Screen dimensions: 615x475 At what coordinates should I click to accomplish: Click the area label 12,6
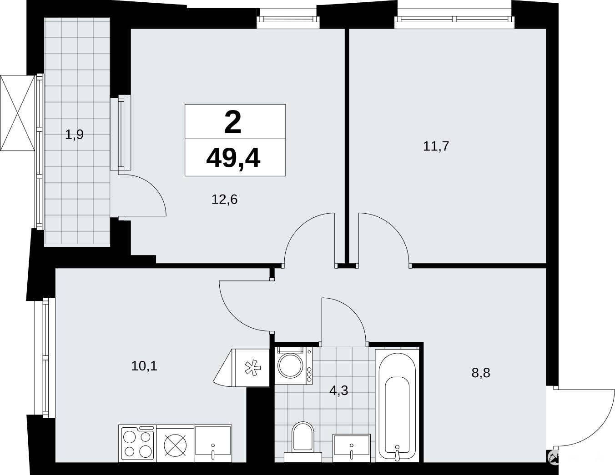(x=224, y=200)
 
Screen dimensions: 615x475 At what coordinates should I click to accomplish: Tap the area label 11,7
(x=436, y=146)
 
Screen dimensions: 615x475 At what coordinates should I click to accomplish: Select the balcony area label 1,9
(x=74, y=135)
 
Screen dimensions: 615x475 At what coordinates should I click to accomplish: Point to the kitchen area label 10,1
(x=144, y=366)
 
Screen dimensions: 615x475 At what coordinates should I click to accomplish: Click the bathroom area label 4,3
(x=339, y=391)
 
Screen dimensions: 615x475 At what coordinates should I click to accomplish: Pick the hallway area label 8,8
(x=481, y=373)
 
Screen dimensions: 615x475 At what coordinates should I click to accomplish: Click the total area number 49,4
(x=233, y=159)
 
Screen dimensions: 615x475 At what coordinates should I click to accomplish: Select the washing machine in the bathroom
(x=293, y=366)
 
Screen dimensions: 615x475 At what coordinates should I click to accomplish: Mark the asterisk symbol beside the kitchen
(x=253, y=368)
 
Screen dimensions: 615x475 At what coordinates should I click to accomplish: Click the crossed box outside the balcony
(x=18, y=113)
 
